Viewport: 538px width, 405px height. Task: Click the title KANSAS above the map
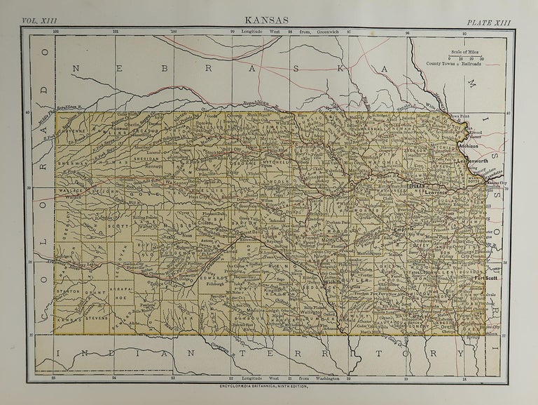click(x=267, y=20)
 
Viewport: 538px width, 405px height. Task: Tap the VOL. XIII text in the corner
click(x=41, y=22)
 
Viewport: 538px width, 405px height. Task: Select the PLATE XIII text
click(x=490, y=22)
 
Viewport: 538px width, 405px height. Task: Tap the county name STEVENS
click(x=95, y=317)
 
